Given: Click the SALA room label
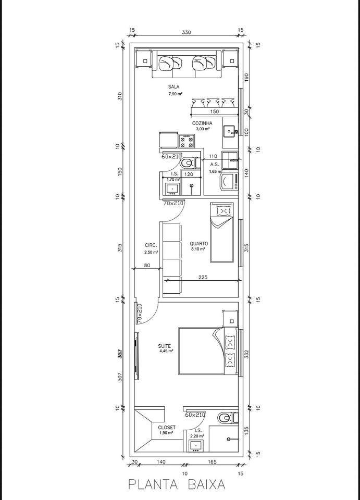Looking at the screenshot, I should tap(174, 86).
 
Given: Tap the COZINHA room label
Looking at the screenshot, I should tap(202, 123).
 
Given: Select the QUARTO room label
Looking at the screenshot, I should tap(199, 243).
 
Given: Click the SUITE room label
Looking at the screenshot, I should tap(165, 346).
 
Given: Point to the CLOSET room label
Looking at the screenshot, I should tap(167, 427).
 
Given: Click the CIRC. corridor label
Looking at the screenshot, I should tap(151, 245).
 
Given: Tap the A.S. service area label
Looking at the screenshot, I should tap(215, 164).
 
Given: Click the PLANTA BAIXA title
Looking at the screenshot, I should tap(177, 484).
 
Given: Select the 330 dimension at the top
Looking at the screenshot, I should tap(187, 32).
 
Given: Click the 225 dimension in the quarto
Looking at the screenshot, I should tap(203, 278).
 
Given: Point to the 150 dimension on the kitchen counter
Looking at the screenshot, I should tap(214, 111).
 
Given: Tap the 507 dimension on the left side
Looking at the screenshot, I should tap(120, 377).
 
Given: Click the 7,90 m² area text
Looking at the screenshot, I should tap(175, 94).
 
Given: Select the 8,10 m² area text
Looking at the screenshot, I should tap(199, 249).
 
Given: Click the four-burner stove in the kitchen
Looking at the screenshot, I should tap(187, 140).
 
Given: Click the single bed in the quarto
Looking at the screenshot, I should tap(222, 232).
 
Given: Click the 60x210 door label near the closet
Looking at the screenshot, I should tap(195, 415).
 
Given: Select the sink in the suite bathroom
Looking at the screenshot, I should tap(197, 445).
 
